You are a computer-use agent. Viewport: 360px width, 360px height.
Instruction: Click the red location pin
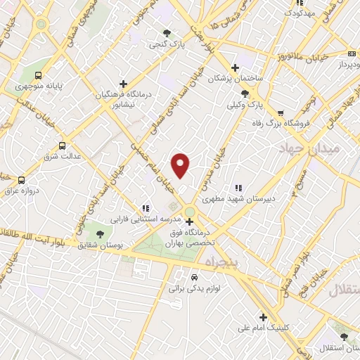tap(181, 165)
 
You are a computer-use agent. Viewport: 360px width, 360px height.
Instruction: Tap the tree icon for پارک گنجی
tap(167, 32)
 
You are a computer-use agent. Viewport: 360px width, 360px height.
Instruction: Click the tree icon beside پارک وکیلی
tap(244, 94)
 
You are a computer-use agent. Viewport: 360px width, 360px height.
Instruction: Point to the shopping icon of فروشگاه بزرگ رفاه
tap(281, 112)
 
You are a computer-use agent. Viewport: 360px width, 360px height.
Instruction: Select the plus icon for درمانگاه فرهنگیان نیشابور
tap(124, 84)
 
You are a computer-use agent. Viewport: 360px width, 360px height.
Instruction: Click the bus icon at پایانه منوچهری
tap(37, 76)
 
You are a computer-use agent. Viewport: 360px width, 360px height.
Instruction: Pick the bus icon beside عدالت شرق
tap(63, 146)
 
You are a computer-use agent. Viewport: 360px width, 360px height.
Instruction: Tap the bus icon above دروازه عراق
tap(21, 181)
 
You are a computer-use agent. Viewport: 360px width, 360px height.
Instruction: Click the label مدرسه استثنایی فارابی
tap(146, 219)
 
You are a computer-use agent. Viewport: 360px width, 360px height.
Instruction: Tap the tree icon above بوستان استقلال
tap(344, 337)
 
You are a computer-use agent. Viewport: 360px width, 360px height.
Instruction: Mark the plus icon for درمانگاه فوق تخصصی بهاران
tap(189, 222)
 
